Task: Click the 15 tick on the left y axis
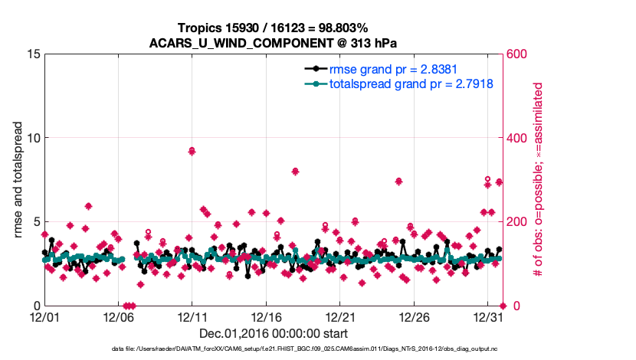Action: (33, 54)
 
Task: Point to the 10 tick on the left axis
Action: (33, 138)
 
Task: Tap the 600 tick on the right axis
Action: (517, 54)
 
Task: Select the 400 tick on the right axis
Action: (517, 138)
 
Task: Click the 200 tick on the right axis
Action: (517, 222)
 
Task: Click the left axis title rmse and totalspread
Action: (18, 180)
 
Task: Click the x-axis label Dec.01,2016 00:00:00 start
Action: (273, 333)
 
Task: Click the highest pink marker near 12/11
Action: (192, 151)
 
